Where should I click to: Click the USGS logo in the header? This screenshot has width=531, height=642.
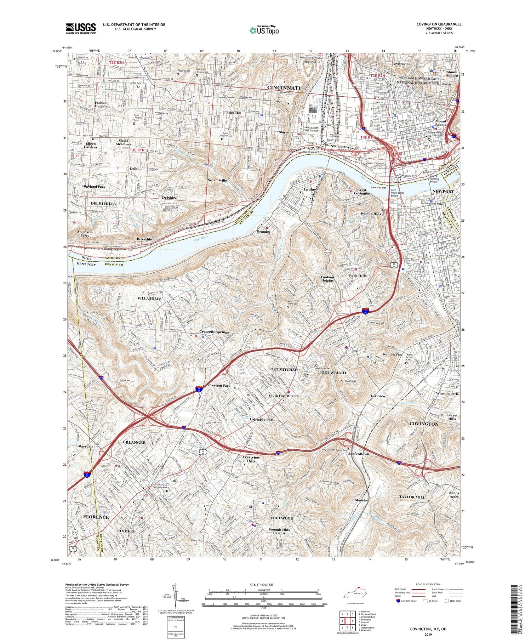coord(81,28)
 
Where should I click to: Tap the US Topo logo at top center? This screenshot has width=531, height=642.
coord(264,30)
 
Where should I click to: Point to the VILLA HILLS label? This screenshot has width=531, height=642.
coord(149,299)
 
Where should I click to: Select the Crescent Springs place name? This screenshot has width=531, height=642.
coord(214,332)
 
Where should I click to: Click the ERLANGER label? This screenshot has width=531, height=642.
coord(134,443)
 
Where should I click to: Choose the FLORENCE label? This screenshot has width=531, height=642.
coord(96,517)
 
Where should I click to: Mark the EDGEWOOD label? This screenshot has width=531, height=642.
coord(282,518)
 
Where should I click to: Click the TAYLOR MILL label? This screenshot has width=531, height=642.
coord(412,497)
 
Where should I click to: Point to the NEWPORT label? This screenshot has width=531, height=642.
coord(443,191)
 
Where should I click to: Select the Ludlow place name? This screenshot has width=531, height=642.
coord(310,189)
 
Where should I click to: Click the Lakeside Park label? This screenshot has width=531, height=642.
coord(262,420)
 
